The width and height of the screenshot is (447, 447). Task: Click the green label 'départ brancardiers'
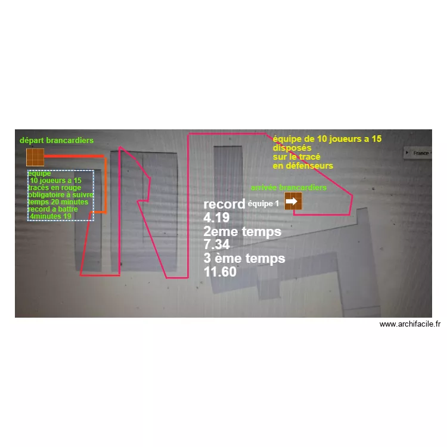(57, 140)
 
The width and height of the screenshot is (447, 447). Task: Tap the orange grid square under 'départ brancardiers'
(35, 157)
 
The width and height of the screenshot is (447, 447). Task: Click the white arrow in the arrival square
(291, 201)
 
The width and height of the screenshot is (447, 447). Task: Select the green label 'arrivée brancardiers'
(288, 187)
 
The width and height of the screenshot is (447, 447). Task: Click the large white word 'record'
(224, 204)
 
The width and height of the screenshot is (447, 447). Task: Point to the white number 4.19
(216, 218)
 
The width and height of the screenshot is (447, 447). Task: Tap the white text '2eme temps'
(243, 231)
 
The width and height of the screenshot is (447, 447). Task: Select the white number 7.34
(216, 244)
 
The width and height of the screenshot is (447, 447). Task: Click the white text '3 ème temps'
(244, 258)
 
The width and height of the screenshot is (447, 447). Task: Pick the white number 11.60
(220, 272)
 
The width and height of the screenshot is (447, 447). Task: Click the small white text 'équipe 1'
(263, 204)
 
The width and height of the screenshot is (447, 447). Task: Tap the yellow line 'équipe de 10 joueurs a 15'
(327, 139)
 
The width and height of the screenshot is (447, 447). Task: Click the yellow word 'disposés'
(292, 148)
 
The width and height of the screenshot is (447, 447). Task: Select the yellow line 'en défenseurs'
(303, 166)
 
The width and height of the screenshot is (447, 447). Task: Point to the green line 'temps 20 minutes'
(58, 202)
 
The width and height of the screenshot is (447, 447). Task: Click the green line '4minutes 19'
(51, 216)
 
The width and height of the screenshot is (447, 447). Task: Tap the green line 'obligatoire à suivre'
(61, 195)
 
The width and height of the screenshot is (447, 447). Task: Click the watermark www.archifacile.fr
(410, 324)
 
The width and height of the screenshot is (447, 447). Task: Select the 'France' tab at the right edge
(418, 153)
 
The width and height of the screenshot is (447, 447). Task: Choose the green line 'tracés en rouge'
(54, 188)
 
